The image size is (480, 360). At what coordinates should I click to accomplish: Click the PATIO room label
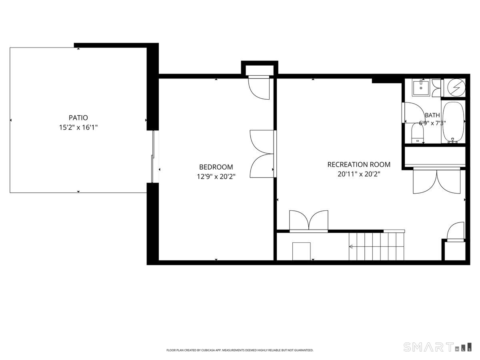(x=78, y=118)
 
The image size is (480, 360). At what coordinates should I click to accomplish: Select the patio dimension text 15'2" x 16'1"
(x=78, y=127)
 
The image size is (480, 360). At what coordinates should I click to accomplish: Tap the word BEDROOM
(x=216, y=167)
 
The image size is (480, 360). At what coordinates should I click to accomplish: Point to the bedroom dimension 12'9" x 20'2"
(x=216, y=177)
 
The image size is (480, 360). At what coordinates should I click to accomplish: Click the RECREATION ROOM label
(x=359, y=164)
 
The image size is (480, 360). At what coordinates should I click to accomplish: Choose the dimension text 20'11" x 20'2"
(x=359, y=174)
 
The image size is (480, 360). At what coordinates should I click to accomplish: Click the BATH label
(x=432, y=115)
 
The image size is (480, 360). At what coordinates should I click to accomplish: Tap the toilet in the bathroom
(x=418, y=133)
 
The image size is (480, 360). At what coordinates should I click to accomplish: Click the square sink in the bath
(x=421, y=88)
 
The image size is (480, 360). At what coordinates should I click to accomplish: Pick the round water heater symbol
(x=456, y=88)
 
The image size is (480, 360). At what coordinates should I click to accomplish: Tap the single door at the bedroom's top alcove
(x=259, y=88)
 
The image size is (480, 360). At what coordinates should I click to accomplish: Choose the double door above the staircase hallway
(x=308, y=221)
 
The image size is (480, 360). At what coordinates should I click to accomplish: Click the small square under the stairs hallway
(x=301, y=251)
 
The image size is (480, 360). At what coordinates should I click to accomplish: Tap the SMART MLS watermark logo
(x=437, y=347)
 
